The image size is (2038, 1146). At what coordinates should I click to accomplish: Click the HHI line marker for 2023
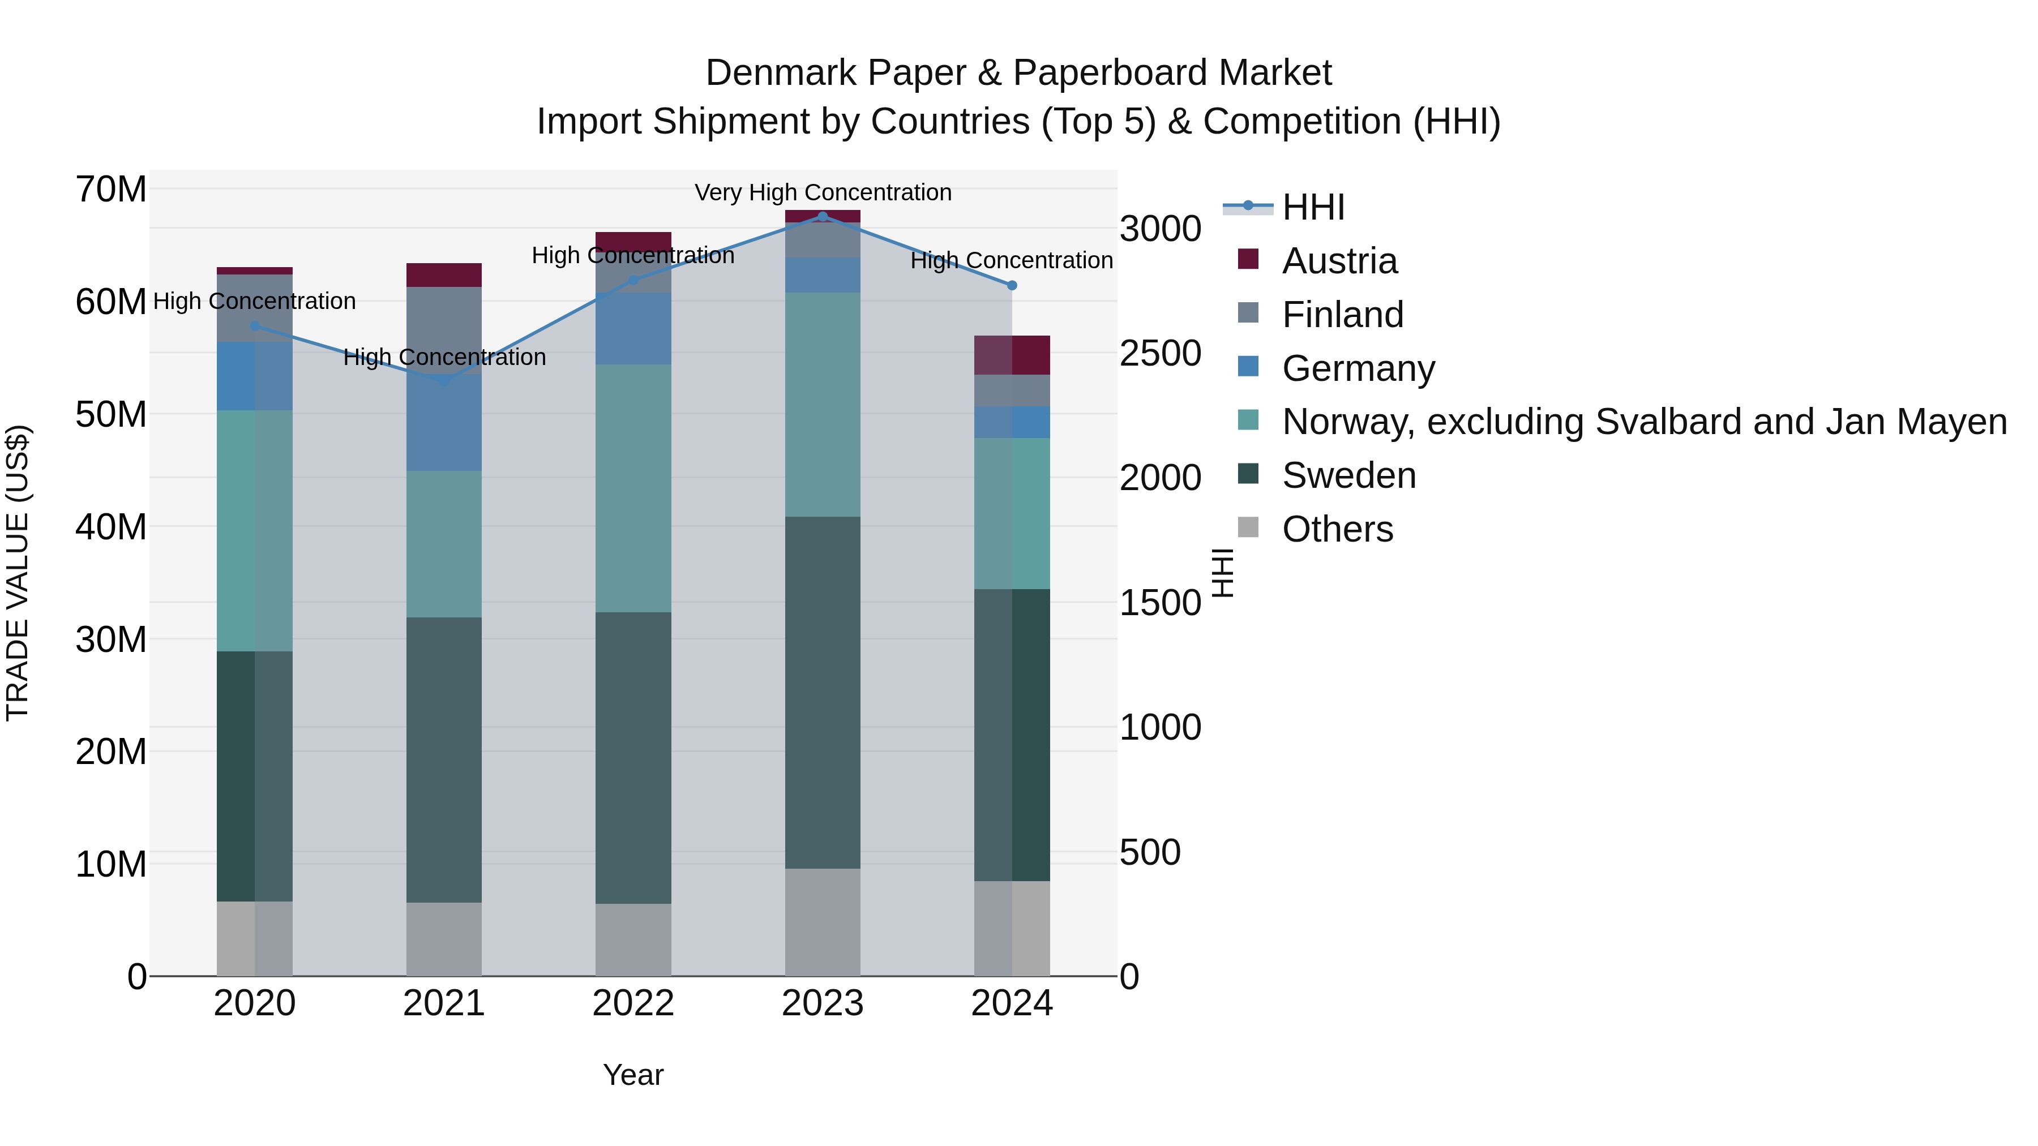point(822,216)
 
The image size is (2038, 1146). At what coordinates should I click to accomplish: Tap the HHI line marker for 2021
point(444,381)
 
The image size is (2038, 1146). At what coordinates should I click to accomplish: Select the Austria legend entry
point(1339,261)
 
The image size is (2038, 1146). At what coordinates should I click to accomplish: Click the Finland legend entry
point(1343,315)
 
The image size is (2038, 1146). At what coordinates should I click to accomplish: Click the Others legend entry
point(1337,529)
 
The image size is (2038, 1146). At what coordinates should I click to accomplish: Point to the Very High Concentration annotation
point(823,192)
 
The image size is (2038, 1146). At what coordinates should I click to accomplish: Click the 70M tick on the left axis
point(111,190)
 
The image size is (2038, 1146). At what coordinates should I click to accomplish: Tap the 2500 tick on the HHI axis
point(1160,354)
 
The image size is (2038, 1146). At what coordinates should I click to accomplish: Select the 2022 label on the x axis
point(633,1003)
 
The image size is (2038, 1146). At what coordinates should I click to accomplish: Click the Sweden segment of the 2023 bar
point(822,692)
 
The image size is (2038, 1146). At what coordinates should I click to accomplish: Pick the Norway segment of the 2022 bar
point(633,488)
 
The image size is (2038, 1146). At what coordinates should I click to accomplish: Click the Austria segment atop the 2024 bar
point(1012,355)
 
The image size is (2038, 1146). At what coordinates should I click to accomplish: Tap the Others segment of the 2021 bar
point(444,939)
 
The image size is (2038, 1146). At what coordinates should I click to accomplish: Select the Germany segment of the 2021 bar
point(444,423)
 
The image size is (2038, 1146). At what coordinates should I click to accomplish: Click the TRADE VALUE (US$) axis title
point(18,573)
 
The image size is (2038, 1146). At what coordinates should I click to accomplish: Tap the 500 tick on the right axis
point(1150,853)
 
